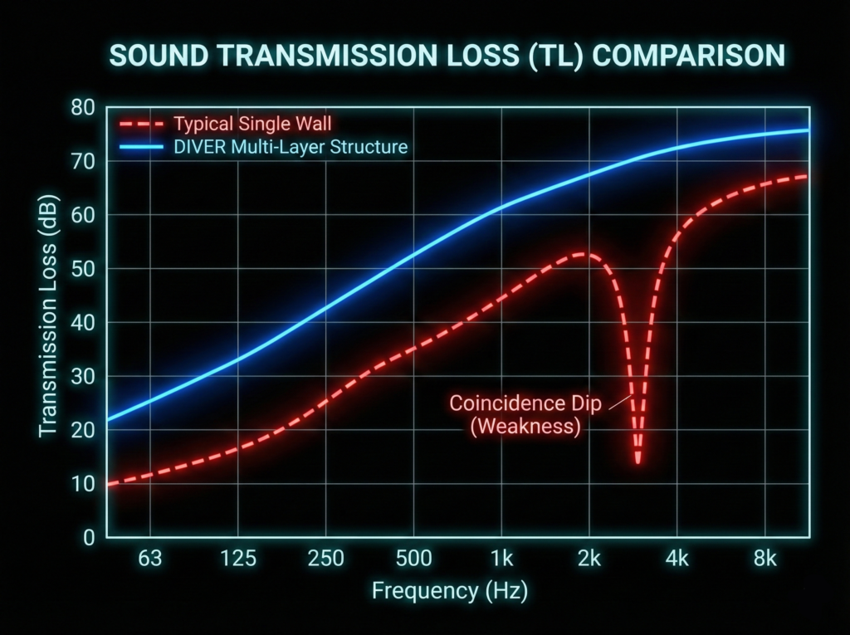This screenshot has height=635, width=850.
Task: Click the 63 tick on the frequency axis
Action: pyautogui.click(x=150, y=559)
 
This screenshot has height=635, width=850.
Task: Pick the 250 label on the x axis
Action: pyautogui.click(x=326, y=559)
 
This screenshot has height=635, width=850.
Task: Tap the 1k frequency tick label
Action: pyautogui.click(x=502, y=559)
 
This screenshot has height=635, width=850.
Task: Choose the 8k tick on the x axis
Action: pyautogui.click(x=765, y=559)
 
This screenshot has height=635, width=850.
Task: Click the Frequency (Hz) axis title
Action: pyautogui.click(x=449, y=592)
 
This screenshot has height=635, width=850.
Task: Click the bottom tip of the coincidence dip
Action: pyautogui.click(x=637, y=462)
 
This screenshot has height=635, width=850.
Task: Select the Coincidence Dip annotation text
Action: pyautogui.click(x=525, y=404)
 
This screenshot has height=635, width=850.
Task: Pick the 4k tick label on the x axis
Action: pyautogui.click(x=677, y=559)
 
